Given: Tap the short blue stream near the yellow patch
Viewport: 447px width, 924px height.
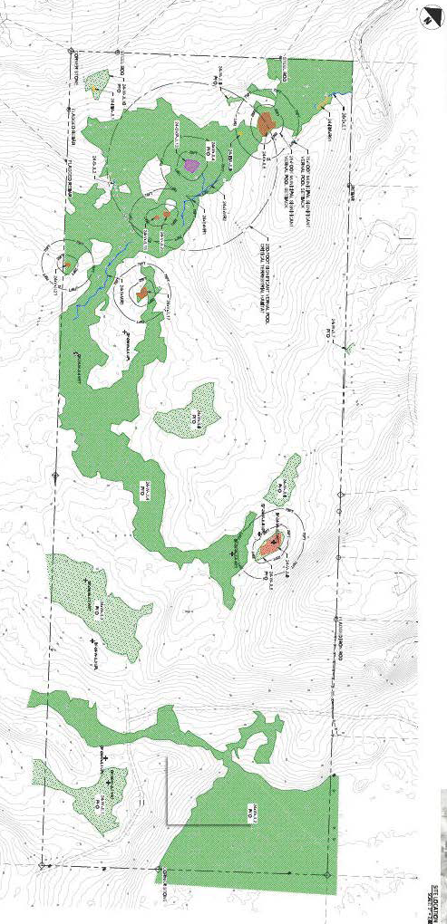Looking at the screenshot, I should pos(336,97).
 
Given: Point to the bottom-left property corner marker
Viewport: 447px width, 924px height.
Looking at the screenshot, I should pos(42,866).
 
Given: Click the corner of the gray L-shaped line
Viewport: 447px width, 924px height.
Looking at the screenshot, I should pos(166,823).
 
